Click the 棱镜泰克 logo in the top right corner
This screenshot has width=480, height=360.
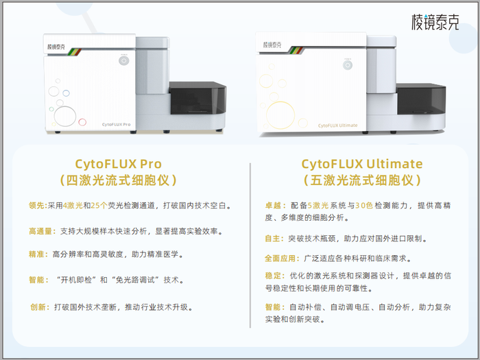[435, 22]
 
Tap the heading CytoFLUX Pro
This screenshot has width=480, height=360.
[118, 164]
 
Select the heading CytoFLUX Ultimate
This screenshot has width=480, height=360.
[362, 164]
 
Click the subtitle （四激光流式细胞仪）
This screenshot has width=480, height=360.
[118, 180]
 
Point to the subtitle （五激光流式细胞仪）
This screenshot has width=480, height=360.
[362, 180]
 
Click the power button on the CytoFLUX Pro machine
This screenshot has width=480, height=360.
[123, 60]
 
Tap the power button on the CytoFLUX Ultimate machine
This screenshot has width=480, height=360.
[348, 65]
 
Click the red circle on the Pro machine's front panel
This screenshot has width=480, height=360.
[82, 122]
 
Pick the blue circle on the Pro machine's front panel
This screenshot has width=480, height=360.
[66, 93]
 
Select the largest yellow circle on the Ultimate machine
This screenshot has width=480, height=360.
[280, 115]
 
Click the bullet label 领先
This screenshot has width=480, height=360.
[37, 206]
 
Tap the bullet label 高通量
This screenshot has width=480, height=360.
[40, 231]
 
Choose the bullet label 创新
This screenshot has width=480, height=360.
[38, 307]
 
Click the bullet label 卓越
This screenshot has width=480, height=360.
[274, 206]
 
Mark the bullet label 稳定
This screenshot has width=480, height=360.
[273, 276]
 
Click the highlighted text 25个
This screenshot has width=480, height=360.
[99, 206]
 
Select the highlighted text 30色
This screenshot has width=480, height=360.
[363, 206]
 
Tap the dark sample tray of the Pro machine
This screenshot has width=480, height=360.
[197, 98]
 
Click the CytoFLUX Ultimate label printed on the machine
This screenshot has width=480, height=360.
[337, 125]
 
